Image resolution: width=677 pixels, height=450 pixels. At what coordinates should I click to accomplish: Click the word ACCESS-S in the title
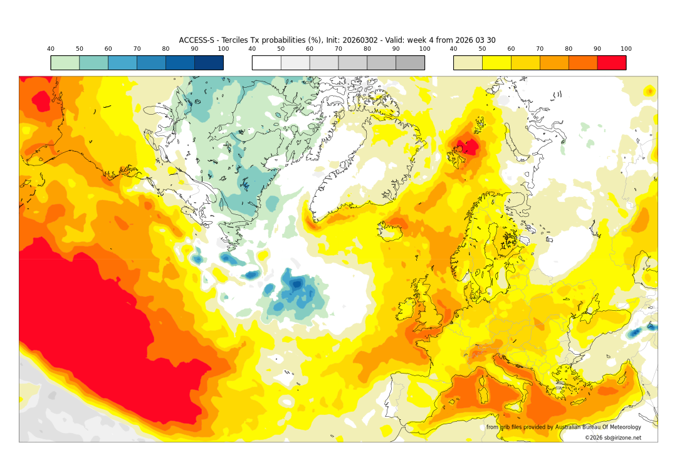click(x=197, y=40)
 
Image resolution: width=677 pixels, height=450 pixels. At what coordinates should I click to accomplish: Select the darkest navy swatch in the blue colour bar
click(x=209, y=63)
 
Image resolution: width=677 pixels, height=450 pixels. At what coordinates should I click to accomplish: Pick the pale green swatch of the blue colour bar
click(x=65, y=63)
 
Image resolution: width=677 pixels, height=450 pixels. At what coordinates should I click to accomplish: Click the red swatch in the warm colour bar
click(x=611, y=63)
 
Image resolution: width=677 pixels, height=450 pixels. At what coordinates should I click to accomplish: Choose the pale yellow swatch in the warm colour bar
click(x=468, y=63)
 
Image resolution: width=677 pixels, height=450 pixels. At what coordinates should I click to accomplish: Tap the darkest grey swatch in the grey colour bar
click(x=410, y=63)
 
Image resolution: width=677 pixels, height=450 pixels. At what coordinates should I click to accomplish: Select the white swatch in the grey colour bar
click(x=266, y=63)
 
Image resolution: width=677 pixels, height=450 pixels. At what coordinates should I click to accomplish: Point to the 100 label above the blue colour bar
click(x=223, y=49)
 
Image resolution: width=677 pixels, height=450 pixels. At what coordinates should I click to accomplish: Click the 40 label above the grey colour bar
click(x=252, y=49)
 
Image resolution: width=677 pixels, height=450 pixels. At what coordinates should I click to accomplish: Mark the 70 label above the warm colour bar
click(x=540, y=49)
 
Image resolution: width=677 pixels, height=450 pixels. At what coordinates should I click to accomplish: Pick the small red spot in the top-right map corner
click(x=650, y=92)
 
